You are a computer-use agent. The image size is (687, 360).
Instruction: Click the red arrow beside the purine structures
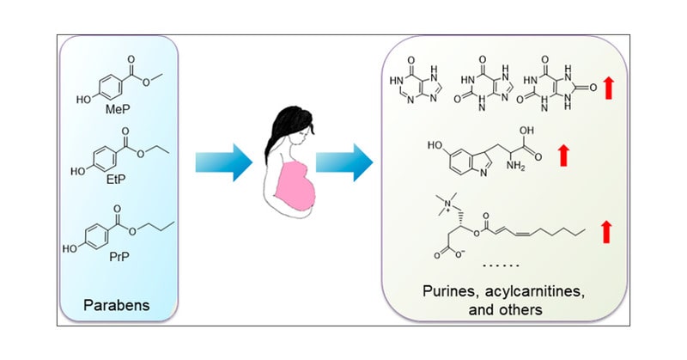[609, 87]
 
